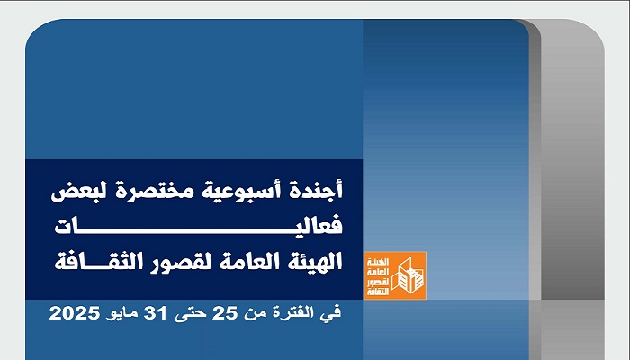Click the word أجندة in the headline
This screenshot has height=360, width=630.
(317, 191)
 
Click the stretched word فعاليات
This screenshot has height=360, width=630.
(199, 226)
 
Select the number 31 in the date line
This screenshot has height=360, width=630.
(155, 313)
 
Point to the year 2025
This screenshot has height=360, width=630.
(75, 313)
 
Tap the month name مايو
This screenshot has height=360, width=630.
(121, 314)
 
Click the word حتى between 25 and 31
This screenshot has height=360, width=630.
(190, 314)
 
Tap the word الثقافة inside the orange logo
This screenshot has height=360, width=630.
(379, 292)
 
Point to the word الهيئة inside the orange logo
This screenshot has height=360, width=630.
(379, 262)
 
